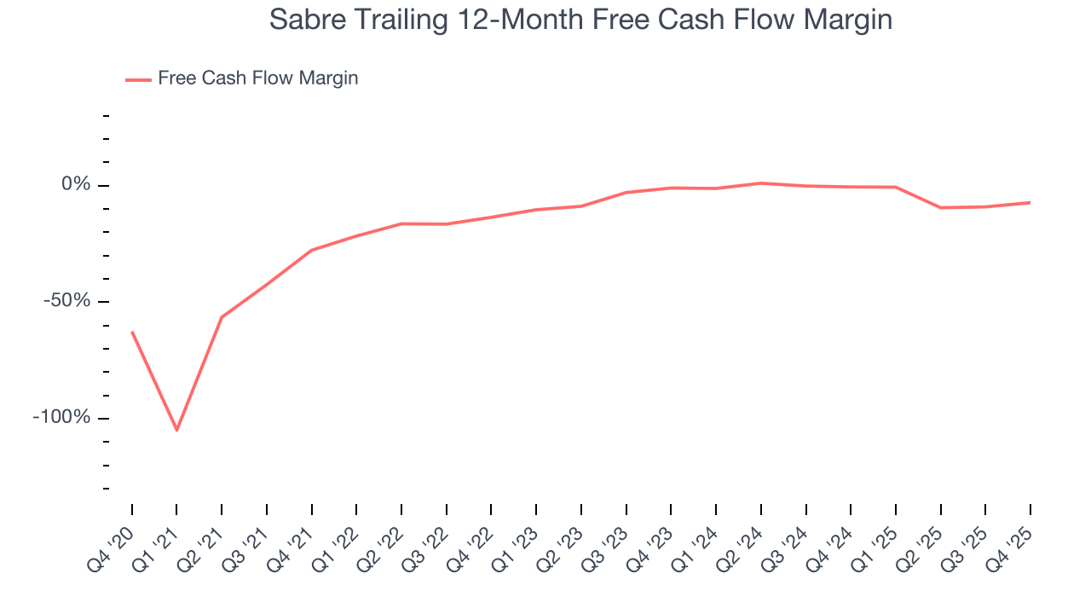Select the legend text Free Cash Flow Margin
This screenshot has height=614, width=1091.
[258, 78]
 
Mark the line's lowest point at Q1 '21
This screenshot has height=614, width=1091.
[176, 430]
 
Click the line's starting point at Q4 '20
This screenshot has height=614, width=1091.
[132, 332]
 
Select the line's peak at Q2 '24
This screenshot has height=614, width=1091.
[760, 183]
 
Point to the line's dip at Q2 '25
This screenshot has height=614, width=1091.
[940, 207]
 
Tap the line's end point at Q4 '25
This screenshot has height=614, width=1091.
[1030, 202]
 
